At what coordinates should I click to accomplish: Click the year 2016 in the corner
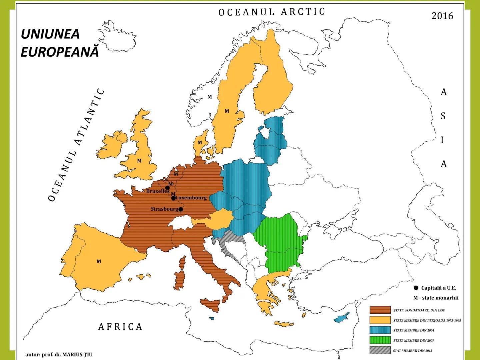point(442,16)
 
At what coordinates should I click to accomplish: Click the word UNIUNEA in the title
point(50,34)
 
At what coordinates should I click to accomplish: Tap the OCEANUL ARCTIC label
point(271,12)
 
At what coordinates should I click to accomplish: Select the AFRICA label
point(120,326)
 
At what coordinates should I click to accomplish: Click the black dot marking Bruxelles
point(168,188)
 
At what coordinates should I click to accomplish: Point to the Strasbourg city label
point(164,209)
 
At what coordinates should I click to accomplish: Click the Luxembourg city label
point(191,198)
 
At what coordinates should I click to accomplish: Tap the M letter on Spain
point(99,261)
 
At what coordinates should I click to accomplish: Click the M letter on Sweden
point(227,111)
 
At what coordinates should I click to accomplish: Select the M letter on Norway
point(210,97)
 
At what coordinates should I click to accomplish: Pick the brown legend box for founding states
point(380,310)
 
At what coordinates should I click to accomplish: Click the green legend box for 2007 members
point(380,340)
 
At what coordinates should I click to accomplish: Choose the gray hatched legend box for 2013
point(380,350)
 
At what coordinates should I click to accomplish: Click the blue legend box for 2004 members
point(380,330)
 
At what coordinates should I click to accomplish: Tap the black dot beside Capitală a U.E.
point(416,288)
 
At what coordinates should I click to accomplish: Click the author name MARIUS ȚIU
point(77,354)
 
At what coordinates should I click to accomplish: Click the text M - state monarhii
point(436,298)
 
